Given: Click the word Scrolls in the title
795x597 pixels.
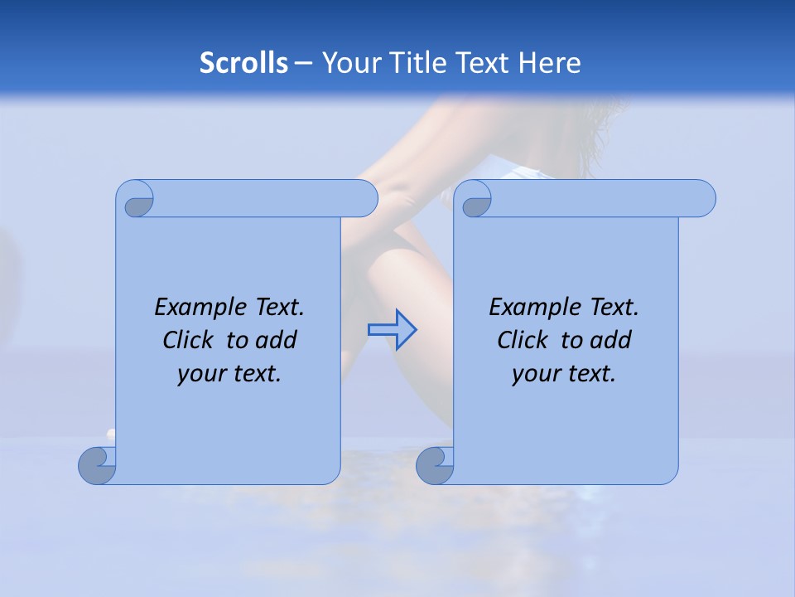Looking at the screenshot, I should click(243, 63).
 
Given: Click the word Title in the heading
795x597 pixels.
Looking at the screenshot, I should click(419, 63).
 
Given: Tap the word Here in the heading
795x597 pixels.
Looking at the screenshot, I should click(549, 63).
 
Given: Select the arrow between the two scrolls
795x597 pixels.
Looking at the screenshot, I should click(392, 329).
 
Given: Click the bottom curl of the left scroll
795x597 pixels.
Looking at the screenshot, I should click(97, 465).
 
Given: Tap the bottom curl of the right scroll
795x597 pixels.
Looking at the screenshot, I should click(434, 465).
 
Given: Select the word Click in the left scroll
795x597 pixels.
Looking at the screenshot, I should click(181, 340).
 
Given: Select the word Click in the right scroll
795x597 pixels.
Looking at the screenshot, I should click(515, 340).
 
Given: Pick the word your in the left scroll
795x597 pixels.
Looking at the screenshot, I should click(197, 374).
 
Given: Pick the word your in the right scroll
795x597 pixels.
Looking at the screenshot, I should click(532, 374).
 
